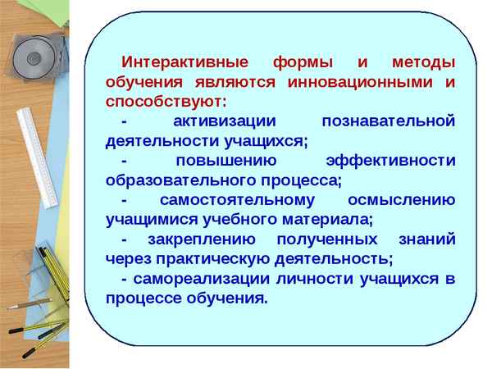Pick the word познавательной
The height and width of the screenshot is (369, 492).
(388, 122)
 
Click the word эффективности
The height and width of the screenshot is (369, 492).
(390, 162)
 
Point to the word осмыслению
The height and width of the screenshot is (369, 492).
(400, 201)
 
